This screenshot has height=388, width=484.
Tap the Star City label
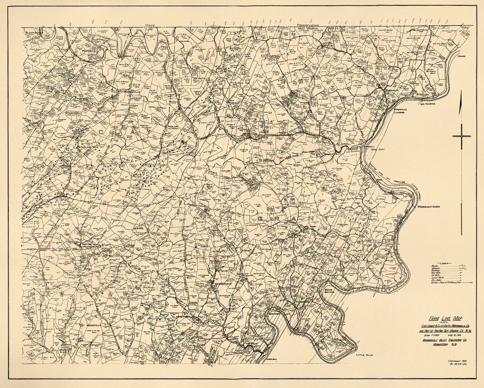(378, 150)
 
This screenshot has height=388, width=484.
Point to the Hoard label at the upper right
(461, 57)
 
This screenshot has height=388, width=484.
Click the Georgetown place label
(222, 284)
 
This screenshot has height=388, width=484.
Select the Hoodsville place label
(95, 325)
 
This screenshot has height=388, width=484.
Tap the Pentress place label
(88, 51)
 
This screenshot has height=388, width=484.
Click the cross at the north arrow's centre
(461, 136)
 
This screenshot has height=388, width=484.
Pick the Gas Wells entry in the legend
(437, 272)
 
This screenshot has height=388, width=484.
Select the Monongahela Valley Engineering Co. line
(442, 340)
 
